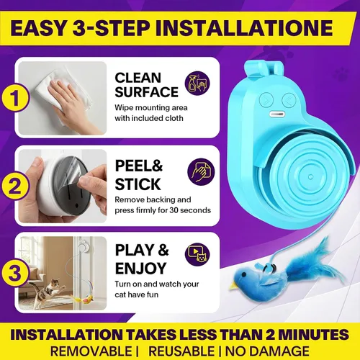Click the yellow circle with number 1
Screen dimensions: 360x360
tap(15, 97)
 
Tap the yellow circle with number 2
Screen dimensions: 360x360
tap(15, 185)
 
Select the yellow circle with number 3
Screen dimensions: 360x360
tap(15, 272)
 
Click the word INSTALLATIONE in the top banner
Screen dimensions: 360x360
tap(244, 28)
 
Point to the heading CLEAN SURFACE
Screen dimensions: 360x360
tap(146, 85)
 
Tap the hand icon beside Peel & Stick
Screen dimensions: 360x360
tap(201, 171)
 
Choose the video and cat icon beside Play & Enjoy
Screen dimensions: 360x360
tap(197, 254)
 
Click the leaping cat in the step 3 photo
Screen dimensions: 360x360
tap(48, 289)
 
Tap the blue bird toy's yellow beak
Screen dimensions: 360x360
tap(233, 286)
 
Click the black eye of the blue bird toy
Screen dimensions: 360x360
tap(245, 274)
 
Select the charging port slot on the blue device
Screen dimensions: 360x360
tap(276, 114)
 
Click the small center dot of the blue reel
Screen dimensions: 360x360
tap(310, 177)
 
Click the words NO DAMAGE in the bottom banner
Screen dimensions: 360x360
tap(267, 351)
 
